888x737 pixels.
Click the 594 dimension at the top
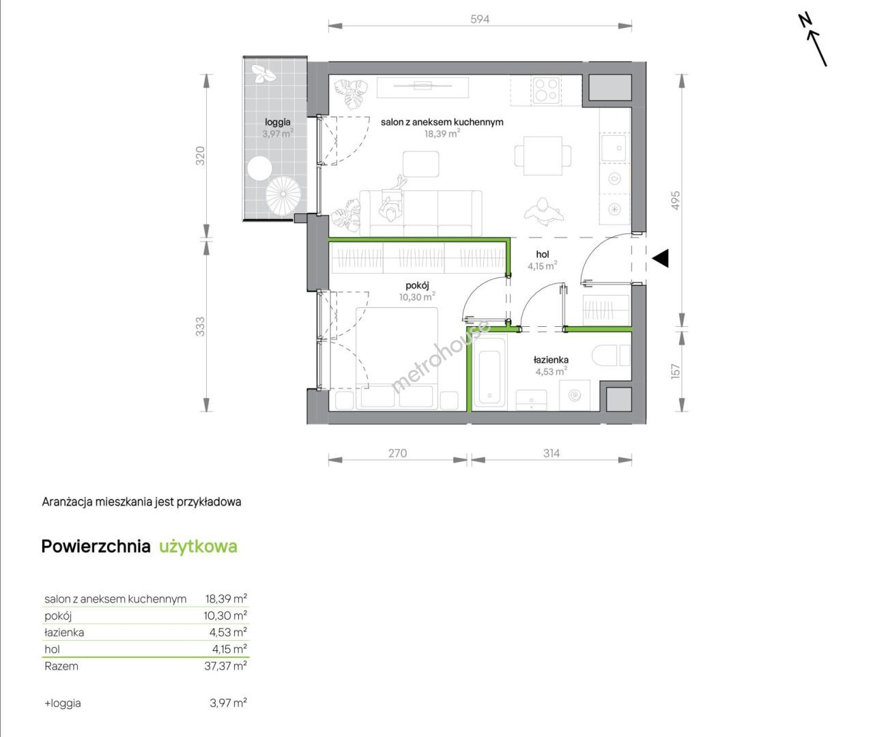480,19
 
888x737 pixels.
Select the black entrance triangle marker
661,258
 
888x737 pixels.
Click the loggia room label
278,122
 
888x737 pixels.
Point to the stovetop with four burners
547,90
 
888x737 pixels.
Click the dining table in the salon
543,156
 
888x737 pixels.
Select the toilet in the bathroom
611,355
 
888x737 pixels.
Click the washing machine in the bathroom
575,396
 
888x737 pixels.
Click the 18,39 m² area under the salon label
442,134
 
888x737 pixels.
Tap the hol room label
542,255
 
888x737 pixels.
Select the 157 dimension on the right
676,371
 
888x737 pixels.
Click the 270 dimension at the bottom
398,453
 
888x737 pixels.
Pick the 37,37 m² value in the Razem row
225,665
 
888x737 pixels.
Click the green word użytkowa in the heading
198,547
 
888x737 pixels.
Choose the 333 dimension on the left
200,327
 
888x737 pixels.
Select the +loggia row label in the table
63,703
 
